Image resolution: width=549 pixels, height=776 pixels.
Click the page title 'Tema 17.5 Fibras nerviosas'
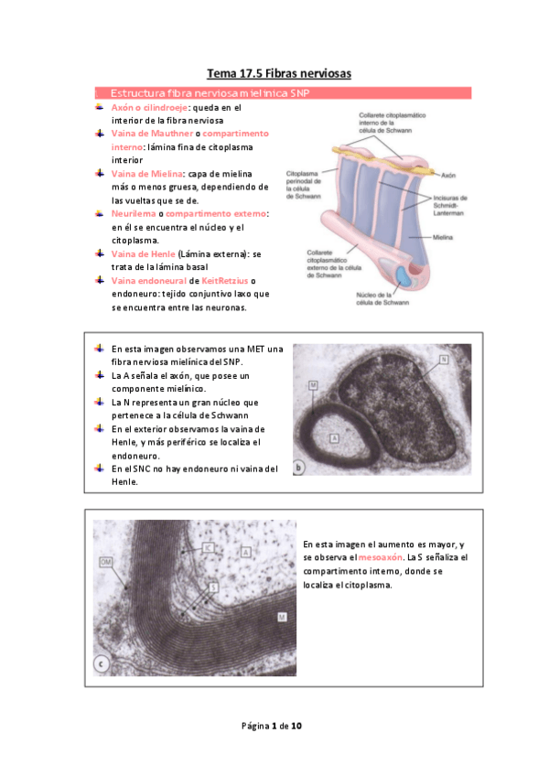[278, 72]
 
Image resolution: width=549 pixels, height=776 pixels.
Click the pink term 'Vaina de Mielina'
[146, 173]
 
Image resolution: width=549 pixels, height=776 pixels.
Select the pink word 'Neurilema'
[134, 213]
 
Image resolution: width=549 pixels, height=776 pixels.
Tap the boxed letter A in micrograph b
[335, 439]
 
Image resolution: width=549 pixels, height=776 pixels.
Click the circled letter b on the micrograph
[299, 469]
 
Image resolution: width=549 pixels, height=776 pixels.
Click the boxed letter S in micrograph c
[213, 586]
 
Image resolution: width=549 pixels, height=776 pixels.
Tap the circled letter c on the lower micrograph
[102, 663]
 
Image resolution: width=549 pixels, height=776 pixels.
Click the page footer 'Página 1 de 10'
[272, 726]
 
